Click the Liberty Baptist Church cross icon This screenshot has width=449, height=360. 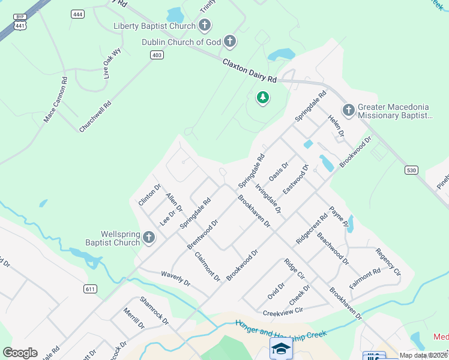coord(205,26)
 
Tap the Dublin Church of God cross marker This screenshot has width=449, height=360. coord(229,42)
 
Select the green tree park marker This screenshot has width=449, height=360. coord(262,97)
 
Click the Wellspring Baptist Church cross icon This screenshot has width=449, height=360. coord(149,238)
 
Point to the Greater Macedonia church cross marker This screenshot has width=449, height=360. coord(348,110)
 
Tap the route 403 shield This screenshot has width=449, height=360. coord(157,55)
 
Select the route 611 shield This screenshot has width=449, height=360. coord(90,289)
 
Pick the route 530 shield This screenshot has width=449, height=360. coord(411,171)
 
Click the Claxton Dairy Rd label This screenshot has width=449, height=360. coord(250,71)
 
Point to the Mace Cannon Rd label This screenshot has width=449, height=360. coord(55,100)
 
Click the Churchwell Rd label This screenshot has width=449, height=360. coord(95,116)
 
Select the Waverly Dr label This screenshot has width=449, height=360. coord(175,278)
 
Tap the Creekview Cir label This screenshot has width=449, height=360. coord(283,312)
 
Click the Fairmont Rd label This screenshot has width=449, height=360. coord(365,278)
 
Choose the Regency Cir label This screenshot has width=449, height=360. coord(388,262)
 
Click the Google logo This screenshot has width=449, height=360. coord(20,352)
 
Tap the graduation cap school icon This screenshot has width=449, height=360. coord(281,347)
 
